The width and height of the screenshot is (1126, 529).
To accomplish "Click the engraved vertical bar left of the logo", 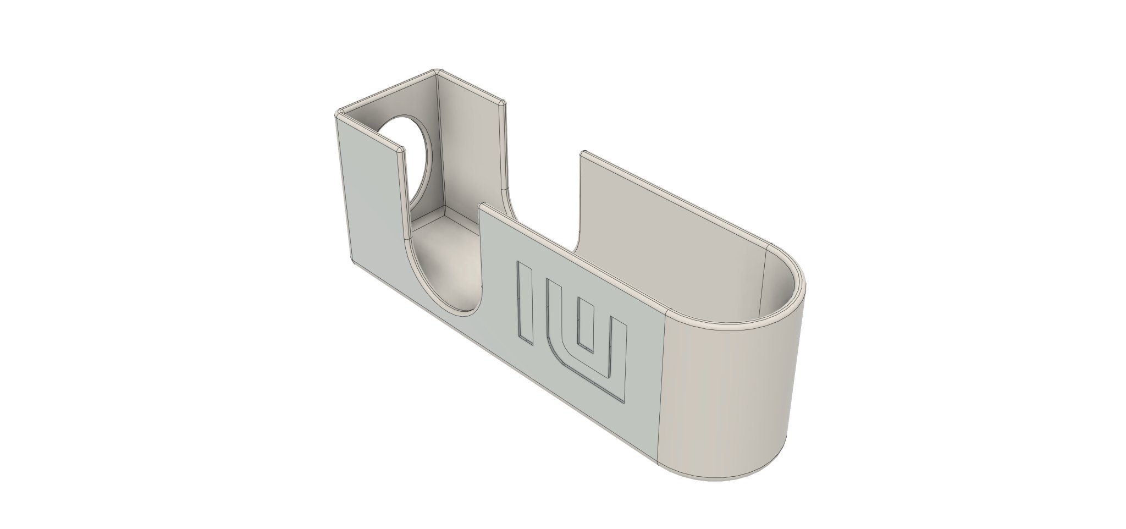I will pos(140,304).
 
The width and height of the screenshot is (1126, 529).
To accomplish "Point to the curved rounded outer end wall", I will pos(731,396).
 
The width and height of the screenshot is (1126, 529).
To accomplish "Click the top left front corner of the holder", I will pos(338,114).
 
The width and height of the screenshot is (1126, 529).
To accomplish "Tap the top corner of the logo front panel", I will pos(482,205).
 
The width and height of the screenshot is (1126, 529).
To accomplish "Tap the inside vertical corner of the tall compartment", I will pos(439,143).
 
